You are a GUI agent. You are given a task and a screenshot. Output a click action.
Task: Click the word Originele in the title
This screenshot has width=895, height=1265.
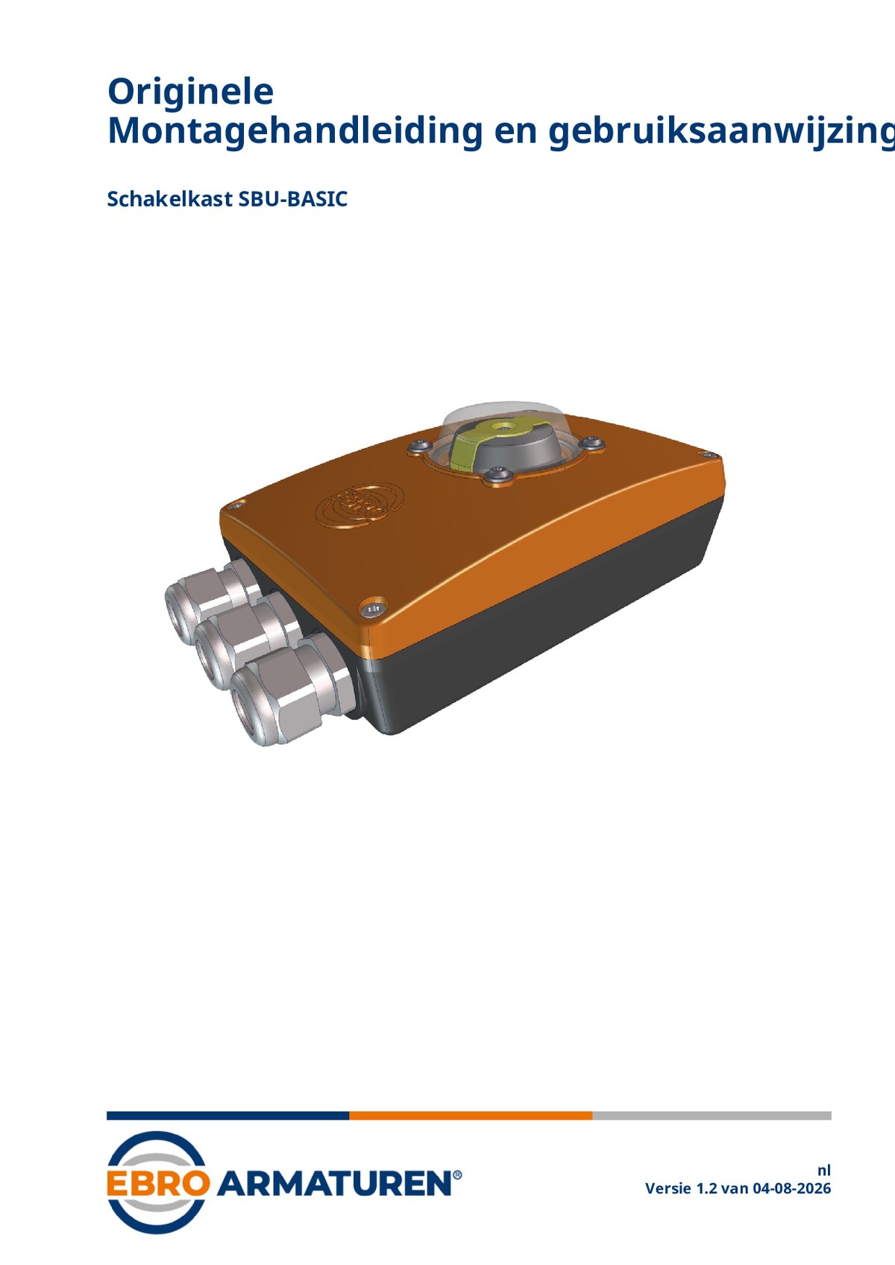190,92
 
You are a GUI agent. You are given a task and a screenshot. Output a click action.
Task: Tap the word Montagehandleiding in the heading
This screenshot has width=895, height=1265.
295,132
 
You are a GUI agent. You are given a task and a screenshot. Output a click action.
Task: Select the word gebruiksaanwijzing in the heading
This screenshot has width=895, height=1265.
721,133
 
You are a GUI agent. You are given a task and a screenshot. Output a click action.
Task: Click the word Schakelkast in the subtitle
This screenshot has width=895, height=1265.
169,199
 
